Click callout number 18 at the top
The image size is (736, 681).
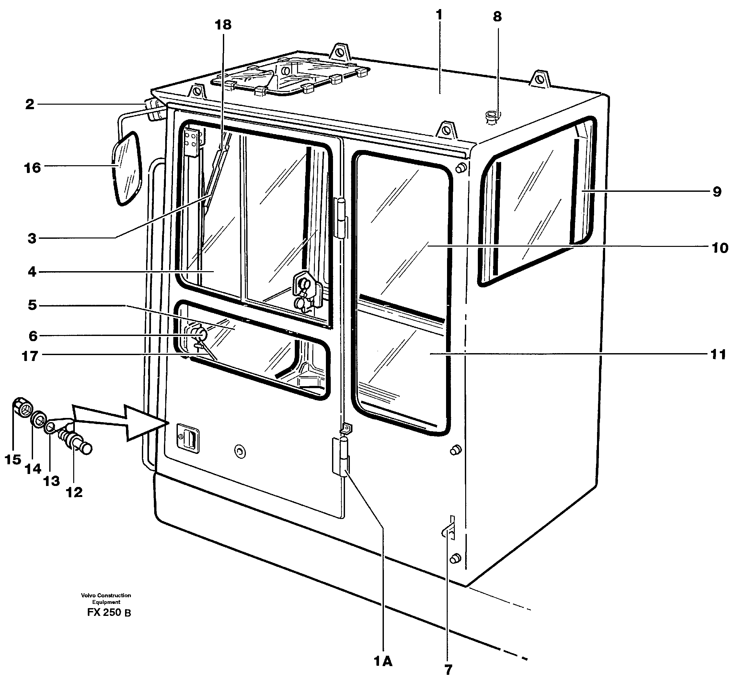pyautogui.click(x=223, y=25)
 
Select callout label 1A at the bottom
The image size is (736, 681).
pyautogui.click(x=383, y=662)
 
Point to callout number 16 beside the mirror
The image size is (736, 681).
pyautogui.click(x=32, y=168)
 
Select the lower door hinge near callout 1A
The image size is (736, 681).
pyautogui.click(x=341, y=457)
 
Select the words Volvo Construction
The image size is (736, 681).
pyautogui.click(x=106, y=595)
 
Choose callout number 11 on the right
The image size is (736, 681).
pyautogui.click(x=718, y=354)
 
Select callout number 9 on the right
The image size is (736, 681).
pyautogui.click(x=717, y=191)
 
